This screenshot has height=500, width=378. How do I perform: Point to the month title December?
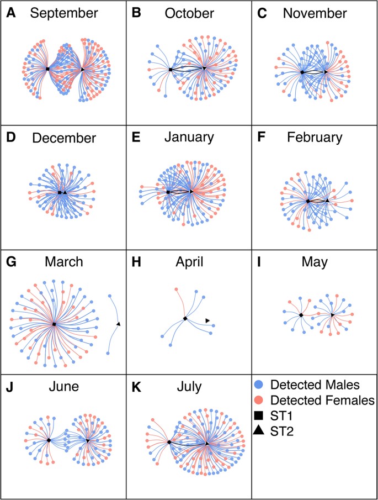point(63,138)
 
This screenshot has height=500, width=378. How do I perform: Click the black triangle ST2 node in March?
point(119,324)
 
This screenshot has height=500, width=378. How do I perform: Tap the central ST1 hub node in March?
point(54,324)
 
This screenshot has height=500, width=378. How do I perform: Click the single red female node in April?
point(175,289)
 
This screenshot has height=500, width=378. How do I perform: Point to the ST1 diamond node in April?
point(185,319)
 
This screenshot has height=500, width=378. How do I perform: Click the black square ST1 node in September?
point(47,69)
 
